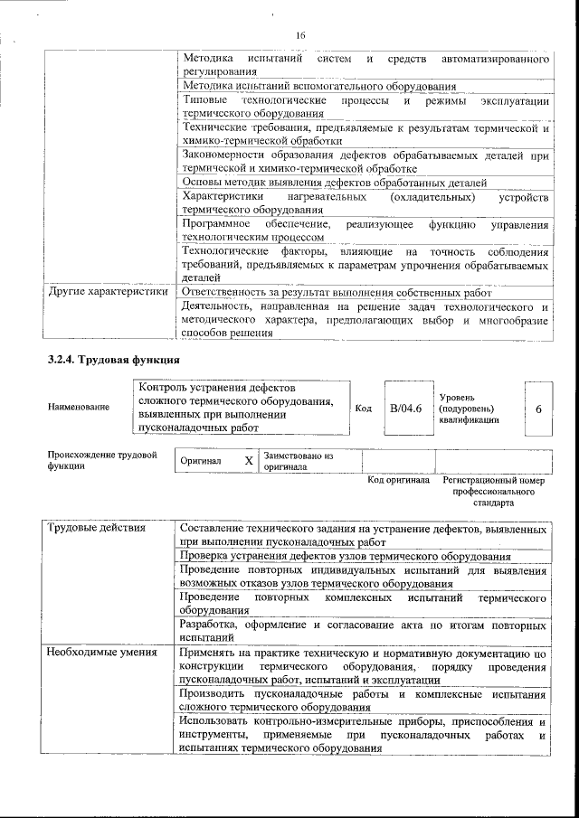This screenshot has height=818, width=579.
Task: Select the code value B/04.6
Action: point(406,409)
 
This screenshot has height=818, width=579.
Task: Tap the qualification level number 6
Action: point(538,409)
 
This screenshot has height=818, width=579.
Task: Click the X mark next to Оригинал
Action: point(249,460)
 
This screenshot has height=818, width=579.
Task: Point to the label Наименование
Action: point(79,407)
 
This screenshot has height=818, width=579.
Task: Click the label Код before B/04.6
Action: point(363,409)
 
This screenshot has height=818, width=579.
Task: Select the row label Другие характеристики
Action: point(108,292)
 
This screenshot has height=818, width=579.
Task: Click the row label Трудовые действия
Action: point(93,527)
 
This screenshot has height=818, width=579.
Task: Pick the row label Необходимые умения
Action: point(100,651)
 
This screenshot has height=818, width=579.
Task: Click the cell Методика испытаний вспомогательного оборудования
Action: point(318,87)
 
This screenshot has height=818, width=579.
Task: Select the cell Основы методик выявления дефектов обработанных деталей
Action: point(335,182)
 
